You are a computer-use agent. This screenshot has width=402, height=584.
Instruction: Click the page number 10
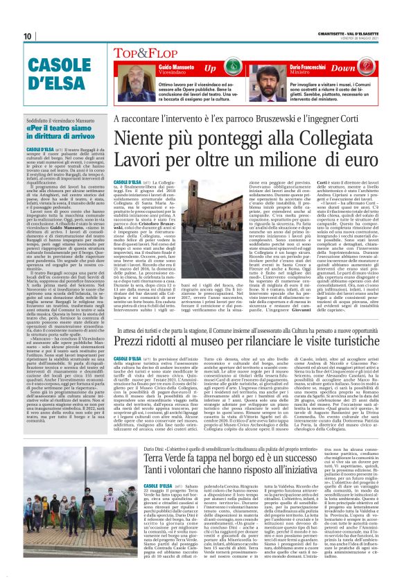(x=28, y=36)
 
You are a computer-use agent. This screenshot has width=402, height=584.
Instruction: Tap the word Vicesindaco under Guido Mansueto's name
(x=161, y=71)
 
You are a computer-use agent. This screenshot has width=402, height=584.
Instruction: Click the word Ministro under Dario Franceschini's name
(x=300, y=71)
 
